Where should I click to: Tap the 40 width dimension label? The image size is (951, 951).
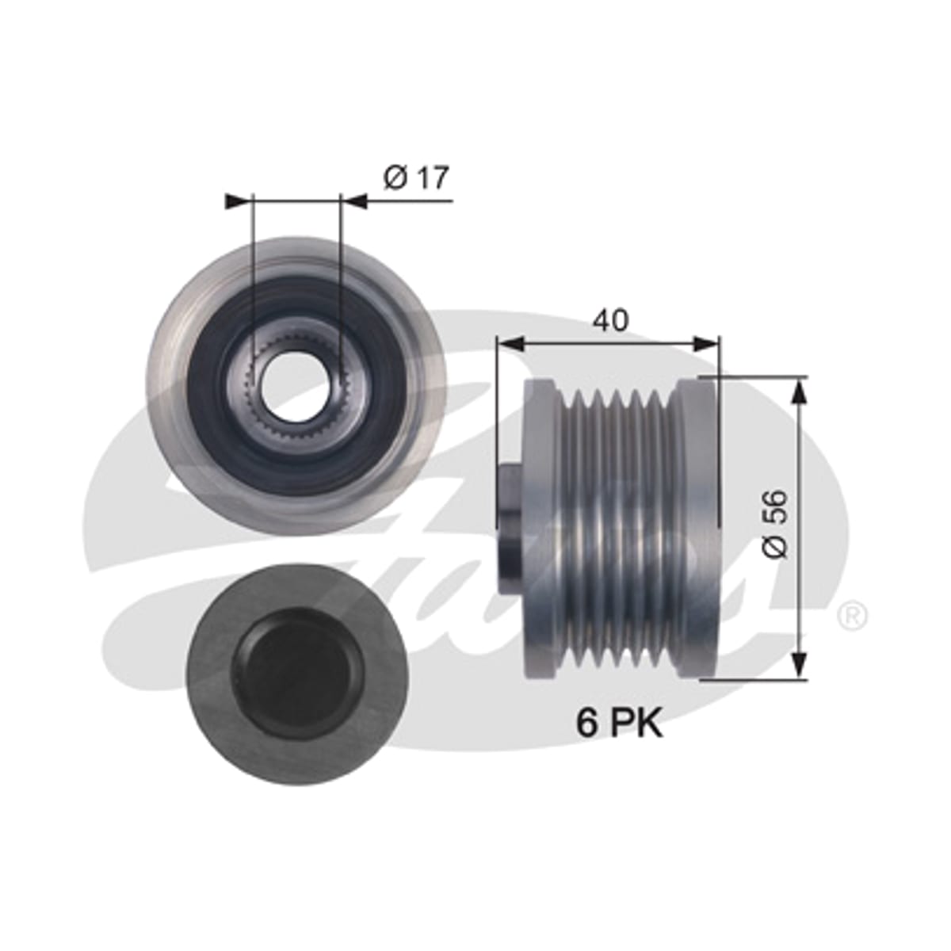610,320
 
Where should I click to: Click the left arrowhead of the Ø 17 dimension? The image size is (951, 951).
236,201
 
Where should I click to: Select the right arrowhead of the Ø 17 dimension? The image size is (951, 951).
355,201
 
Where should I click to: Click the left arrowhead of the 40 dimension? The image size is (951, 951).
511,343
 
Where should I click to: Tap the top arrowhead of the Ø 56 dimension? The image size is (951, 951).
800,391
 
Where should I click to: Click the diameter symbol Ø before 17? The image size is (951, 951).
395,178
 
